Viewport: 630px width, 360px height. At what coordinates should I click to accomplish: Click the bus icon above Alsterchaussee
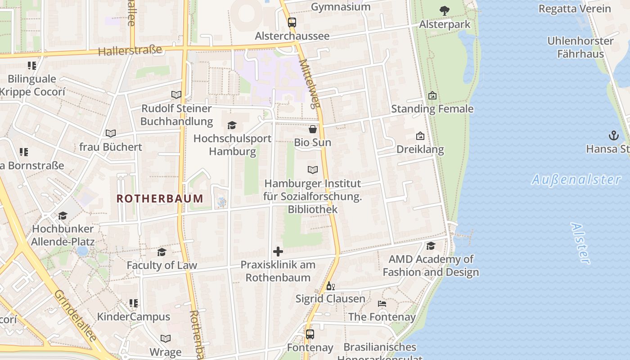[292, 22]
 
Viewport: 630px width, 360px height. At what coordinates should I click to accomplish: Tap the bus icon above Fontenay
[310, 334]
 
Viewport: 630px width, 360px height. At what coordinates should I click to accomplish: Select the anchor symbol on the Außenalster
[613, 135]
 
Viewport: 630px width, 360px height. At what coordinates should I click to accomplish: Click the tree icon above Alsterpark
[445, 11]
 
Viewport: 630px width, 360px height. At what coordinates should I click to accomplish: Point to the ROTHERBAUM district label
[160, 198]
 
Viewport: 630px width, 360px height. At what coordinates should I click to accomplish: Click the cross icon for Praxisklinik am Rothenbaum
[278, 252]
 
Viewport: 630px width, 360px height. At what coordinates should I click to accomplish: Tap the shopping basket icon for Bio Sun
[313, 129]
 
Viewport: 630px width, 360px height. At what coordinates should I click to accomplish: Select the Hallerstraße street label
[130, 51]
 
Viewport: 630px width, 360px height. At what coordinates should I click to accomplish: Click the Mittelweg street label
[310, 84]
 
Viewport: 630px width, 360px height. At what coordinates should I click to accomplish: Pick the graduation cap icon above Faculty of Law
[162, 252]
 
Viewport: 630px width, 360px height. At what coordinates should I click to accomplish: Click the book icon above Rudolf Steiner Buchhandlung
[176, 95]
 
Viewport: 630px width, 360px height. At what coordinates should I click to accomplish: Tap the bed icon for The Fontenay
[382, 304]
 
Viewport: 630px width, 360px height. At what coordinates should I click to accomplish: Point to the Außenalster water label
[576, 180]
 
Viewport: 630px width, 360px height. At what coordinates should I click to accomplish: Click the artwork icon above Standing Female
[432, 95]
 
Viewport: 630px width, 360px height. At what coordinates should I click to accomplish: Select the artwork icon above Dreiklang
[420, 136]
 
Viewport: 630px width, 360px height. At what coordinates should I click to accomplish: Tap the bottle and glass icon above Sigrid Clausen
[330, 286]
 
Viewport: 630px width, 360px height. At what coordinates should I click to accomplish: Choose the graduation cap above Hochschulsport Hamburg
[232, 125]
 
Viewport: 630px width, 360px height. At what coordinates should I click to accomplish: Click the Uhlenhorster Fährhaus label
[580, 47]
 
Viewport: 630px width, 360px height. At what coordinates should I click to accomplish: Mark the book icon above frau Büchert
[110, 133]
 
